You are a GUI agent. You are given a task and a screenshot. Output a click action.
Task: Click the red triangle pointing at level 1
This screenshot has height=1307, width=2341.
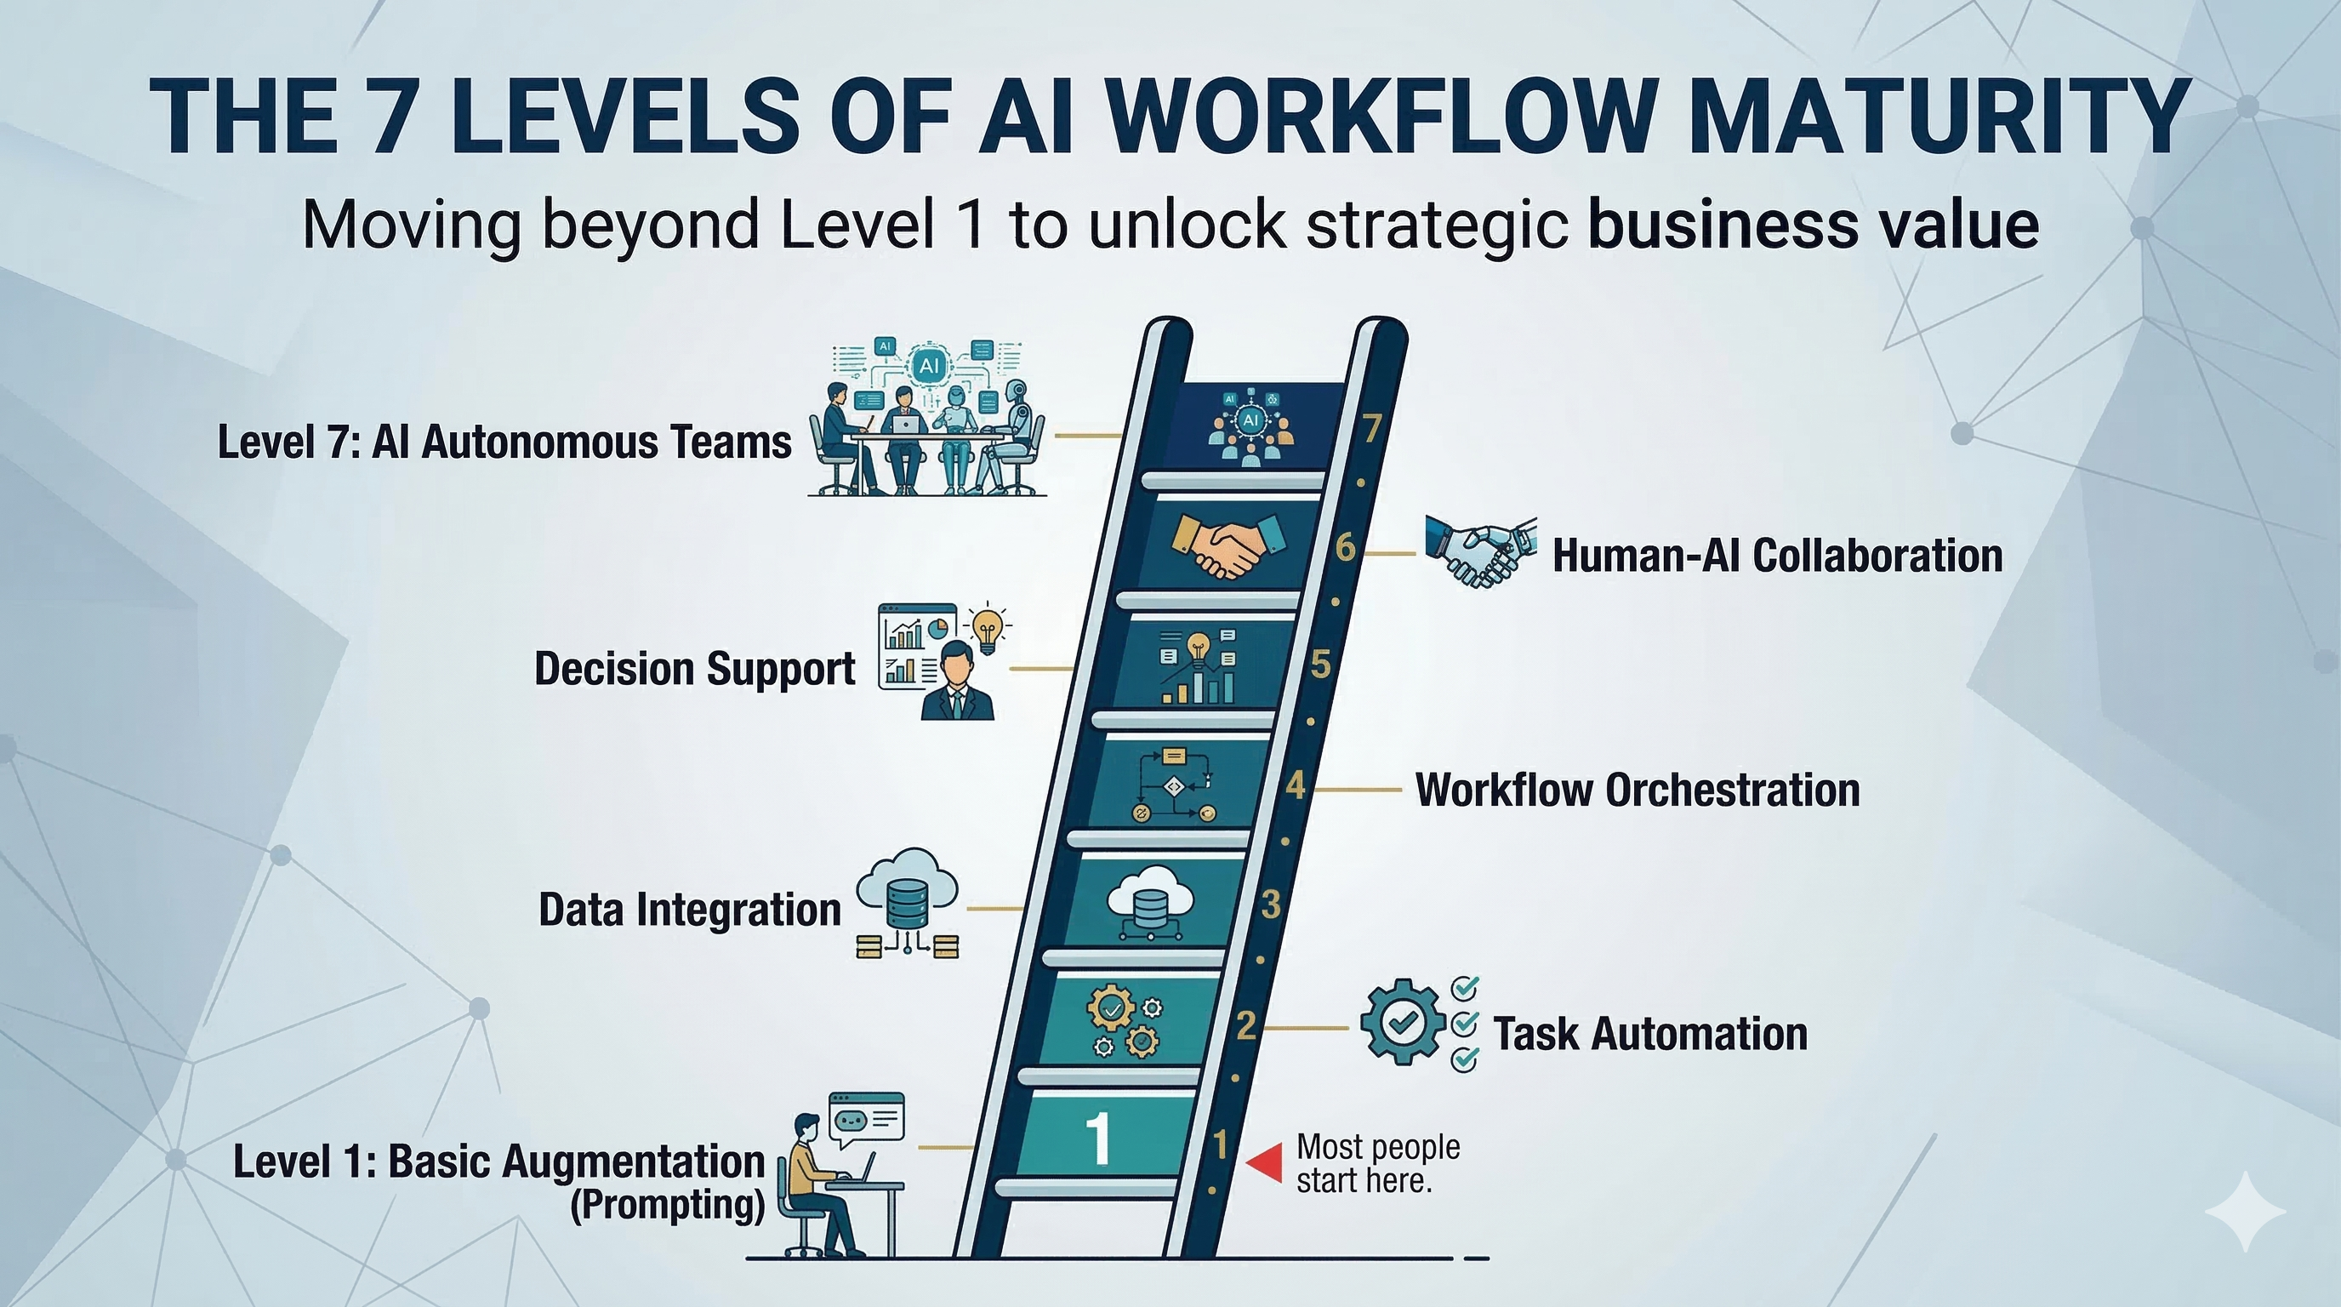1265,1161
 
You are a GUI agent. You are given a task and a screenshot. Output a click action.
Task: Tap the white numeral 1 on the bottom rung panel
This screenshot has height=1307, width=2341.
1099,1137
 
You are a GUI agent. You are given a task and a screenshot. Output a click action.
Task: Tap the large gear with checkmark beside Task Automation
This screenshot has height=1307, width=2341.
1402,1021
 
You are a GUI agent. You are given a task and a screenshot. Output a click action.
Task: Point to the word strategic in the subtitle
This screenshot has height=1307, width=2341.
1436,224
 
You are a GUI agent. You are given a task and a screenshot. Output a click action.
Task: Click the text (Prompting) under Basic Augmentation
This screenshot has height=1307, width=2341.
667,1205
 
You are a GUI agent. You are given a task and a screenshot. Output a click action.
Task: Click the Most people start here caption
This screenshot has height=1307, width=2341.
1377,1163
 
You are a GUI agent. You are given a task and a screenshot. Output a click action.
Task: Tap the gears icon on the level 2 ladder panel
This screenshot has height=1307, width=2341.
1125,1024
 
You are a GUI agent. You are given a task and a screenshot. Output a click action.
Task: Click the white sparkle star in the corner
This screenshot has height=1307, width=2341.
2245,1212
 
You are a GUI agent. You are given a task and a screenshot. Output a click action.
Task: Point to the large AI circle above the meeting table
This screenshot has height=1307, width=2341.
928,365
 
